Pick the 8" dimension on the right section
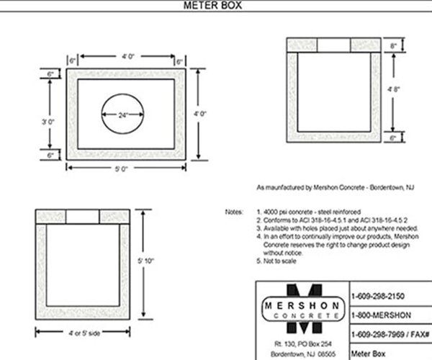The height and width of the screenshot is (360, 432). coord(393,45)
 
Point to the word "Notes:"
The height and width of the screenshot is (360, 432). coord(235,212)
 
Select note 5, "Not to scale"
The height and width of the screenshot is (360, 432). coord(282,261)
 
